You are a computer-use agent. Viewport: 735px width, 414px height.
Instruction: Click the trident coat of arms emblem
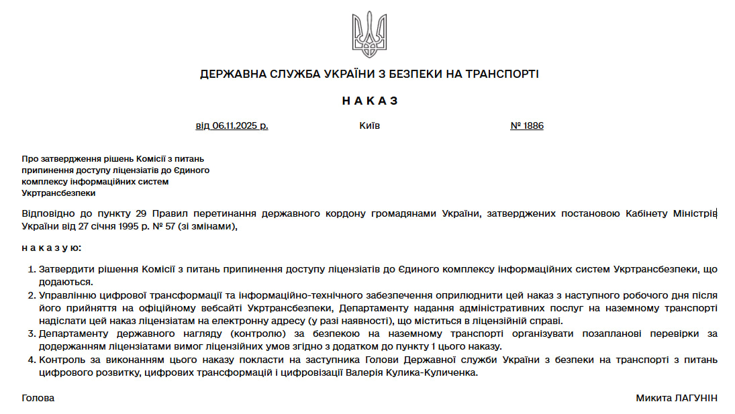(369, 34)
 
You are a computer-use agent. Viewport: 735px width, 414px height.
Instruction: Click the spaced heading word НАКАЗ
(370, 101)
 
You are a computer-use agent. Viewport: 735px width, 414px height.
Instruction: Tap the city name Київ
(369, 125)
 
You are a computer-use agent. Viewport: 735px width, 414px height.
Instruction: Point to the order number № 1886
(527, 125)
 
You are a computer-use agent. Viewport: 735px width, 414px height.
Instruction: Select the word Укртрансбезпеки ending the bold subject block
(59, 193)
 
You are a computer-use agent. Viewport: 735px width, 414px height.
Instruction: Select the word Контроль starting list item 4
(60, 360)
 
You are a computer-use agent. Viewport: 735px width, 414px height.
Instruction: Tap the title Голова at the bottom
(38, 398)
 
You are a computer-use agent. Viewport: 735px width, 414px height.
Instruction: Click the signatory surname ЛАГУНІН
(695, 398)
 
